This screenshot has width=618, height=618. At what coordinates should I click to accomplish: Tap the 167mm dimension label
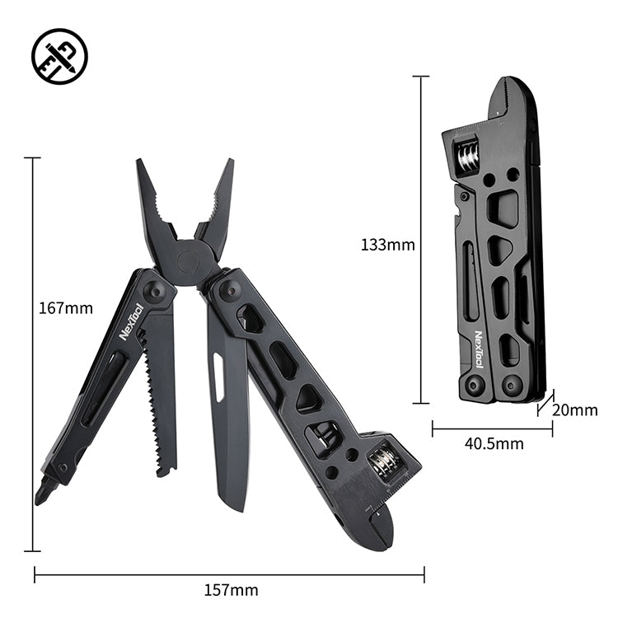click(66, 309)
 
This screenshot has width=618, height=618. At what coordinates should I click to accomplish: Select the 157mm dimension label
click(231, 590)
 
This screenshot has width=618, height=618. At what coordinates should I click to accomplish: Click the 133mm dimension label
click(387, 244)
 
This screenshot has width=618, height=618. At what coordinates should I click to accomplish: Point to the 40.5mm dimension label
click(494, 444)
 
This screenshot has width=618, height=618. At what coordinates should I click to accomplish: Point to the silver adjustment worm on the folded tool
click(467, 156)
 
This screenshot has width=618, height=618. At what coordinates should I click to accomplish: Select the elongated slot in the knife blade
click(219, 377)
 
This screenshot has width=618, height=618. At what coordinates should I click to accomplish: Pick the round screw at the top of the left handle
click(154, 293)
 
